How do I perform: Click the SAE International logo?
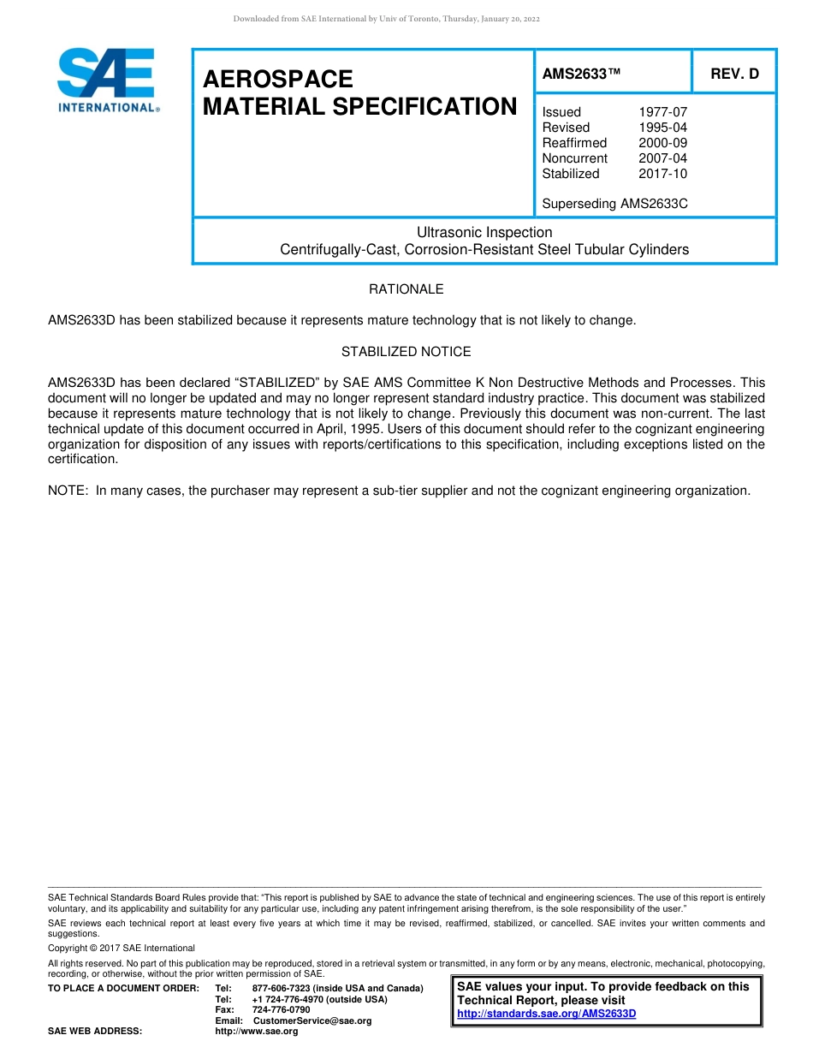point(107,80)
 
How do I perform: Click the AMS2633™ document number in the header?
point(581,74)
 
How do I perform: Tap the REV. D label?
point(734,74)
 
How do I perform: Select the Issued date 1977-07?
point(662,112)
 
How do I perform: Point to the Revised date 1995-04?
point(662,128)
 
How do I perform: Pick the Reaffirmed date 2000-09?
point(662,143)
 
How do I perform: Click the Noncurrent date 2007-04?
point(662,158)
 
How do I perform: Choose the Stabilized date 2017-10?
point(662,174)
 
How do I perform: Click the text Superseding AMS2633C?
point(614,204)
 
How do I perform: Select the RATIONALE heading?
point(406,289)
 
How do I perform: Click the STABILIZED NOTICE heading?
point(406,352)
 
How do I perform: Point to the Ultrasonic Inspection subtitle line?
point(484,233)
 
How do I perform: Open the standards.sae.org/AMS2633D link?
point(547,1014)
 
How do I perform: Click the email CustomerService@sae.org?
point(312,1020)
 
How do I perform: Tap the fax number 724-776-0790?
point(281,1010)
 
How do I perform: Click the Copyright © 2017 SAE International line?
point(122,948)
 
